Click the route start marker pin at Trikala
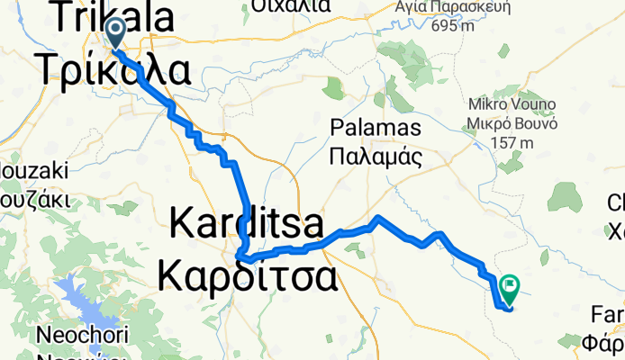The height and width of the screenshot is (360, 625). (x=116, y=34)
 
